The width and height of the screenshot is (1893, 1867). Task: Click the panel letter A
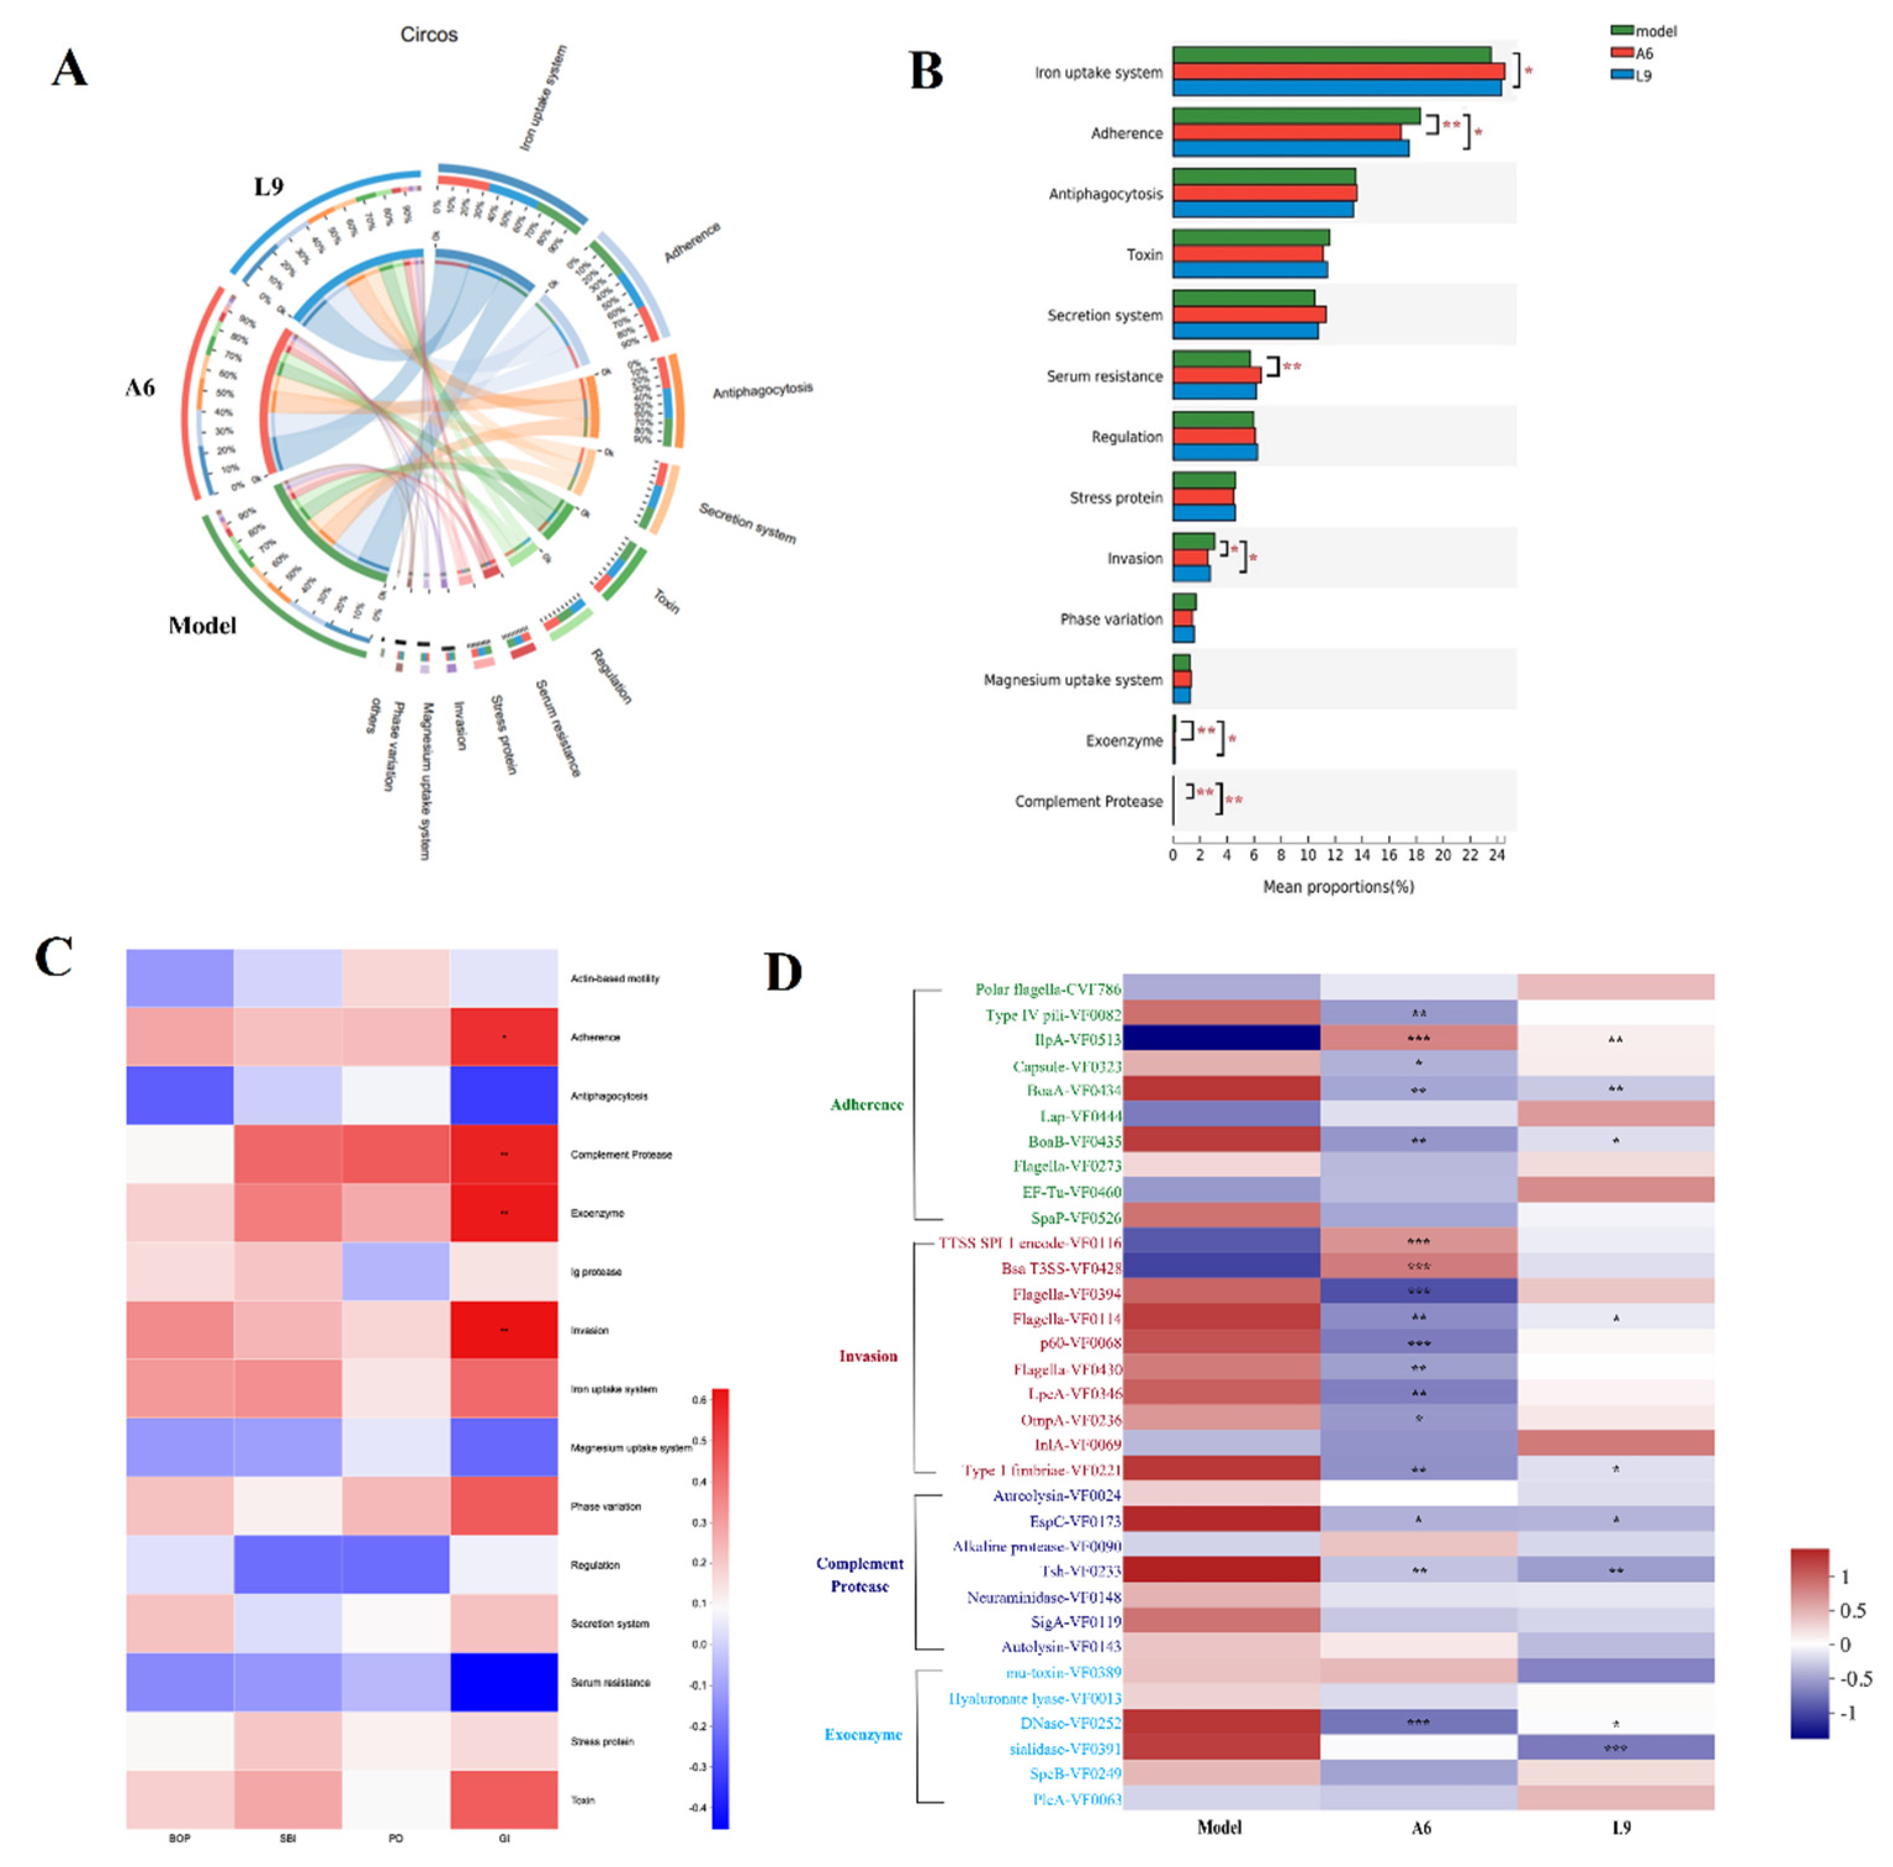70,68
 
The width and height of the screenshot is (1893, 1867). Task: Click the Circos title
428,35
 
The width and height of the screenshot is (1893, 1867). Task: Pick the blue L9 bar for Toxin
1249,269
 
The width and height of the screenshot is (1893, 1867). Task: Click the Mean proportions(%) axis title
1338,887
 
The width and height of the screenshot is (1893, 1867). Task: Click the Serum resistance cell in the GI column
504,1683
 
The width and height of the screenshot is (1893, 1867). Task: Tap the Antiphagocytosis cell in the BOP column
179,1096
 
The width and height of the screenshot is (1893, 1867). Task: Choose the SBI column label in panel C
287,1839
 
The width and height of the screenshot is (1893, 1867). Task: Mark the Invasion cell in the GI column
504,1330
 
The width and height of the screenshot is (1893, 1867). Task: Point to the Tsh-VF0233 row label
1081,1571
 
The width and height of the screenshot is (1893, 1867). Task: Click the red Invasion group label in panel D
867,1356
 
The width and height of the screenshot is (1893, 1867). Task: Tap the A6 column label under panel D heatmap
1421,1828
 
